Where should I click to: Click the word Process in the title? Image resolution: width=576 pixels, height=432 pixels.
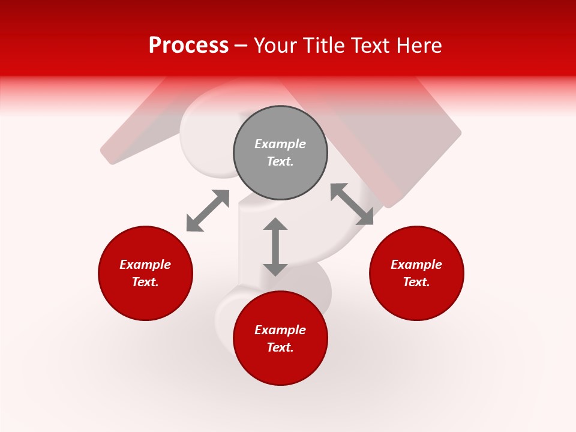(188, 46)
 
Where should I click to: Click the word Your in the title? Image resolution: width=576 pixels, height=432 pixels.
(277, 46)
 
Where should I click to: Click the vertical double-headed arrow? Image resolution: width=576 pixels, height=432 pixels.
(275, 247)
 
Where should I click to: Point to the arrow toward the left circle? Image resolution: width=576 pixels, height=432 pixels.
(208, 211)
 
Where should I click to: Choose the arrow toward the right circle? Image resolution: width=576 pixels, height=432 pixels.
(352, 204)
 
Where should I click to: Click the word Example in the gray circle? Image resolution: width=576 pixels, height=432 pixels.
(280, 144)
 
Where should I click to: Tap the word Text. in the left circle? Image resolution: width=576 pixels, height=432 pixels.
(145, 282)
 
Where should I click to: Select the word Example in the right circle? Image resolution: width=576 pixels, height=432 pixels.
(416, 265)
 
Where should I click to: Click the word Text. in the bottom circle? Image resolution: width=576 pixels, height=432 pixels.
(280, 347)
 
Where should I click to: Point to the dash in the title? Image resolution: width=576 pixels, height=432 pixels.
(241, 46)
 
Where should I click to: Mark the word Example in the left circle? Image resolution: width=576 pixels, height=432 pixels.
(145, 265)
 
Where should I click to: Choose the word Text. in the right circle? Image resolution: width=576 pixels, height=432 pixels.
(416, 282)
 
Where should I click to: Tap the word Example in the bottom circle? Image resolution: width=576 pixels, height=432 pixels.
(280, 330)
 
